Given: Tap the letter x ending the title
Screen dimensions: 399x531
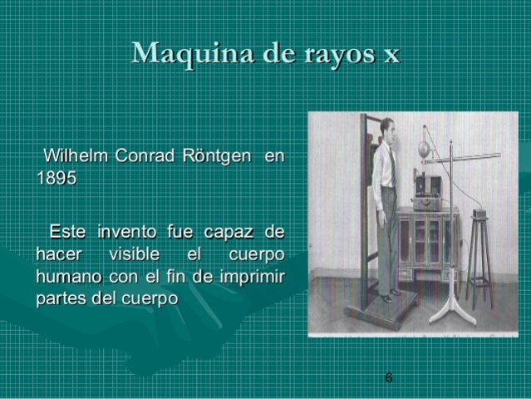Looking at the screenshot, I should click(391, 55).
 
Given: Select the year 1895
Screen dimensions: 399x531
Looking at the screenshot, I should click(57, 178).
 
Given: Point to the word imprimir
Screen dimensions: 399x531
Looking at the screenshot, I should click(250, 275).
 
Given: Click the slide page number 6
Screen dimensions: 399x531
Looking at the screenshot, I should click(389, 378).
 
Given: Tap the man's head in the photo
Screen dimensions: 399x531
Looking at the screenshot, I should click(387, 130).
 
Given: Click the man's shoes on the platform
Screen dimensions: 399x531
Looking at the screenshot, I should click(390, 295).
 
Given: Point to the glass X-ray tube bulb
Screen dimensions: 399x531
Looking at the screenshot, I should click(425, 150).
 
